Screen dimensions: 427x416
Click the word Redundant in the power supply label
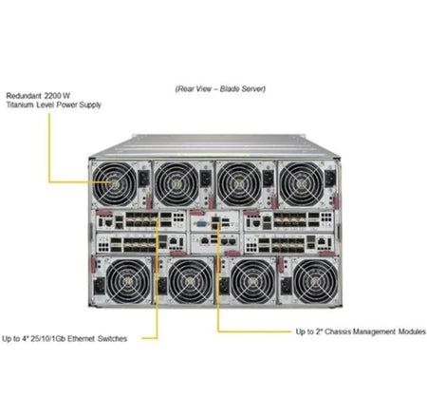pos(24,96)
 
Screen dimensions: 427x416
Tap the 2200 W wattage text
pos(57,96)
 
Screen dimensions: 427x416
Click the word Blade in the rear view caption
pos(230,89)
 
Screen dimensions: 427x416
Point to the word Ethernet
pos(81,338)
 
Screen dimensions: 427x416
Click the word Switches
pos(112,338)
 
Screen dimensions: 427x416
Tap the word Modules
pos(412,331)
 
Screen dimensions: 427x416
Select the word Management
pos(374,331)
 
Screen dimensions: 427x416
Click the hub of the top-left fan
pos(115,184)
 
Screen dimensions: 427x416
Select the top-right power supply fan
pos(302,184)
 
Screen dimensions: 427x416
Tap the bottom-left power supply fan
pos(128,281)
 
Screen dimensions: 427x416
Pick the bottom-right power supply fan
pos(315,281)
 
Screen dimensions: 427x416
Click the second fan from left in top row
pos(176,184)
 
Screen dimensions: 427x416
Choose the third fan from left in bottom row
pos(252,281)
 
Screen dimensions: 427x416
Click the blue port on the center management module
pos(201,224)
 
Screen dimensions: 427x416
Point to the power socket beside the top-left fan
pos(143,179)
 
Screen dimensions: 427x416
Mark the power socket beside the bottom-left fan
pos(100,286)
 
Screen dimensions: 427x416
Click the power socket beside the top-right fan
pos(330,179)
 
